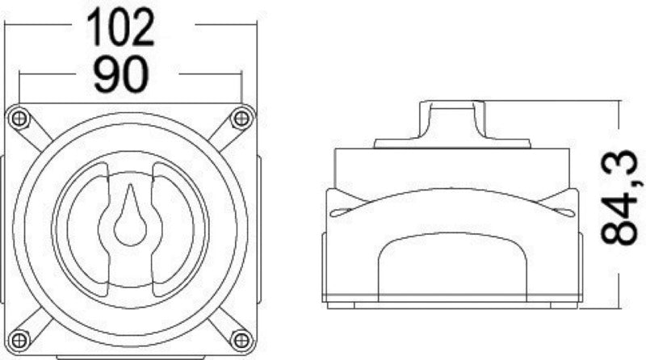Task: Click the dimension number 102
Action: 120,27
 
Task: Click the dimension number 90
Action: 120,76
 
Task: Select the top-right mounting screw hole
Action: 240,119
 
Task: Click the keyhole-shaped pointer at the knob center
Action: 129,216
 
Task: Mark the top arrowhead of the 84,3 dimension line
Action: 618,103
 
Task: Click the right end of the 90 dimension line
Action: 241,75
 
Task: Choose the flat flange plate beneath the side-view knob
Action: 452,144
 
